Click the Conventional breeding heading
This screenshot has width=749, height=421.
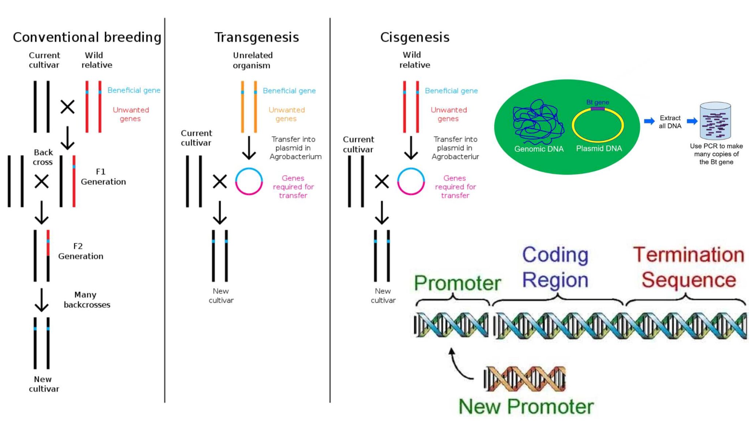(87, 37)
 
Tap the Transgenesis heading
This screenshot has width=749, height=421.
(256, 37)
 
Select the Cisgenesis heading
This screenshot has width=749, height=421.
(415, 37)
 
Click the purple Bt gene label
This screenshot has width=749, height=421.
(598, 102)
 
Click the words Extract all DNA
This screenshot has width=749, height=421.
(670, 122)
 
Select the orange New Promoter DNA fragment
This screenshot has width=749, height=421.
(525, 379)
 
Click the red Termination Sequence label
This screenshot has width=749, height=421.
(689, 267)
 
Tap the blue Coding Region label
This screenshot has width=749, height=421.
(555, 267)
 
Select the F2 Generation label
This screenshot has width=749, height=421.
(80, 251)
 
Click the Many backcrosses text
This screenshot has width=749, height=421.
(87, 300)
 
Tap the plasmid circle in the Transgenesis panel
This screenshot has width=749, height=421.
(249, 181)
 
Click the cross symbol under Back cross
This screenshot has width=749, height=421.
(42, 181)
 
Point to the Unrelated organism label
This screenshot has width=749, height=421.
(252, 60)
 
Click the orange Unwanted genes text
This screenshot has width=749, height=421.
(286, 114)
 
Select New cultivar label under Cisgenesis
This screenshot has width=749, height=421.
(383, 296)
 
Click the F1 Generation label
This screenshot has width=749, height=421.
(103, 177)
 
